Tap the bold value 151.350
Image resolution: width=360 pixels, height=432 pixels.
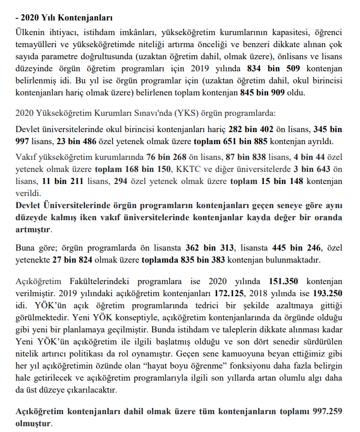coord(287,281)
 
